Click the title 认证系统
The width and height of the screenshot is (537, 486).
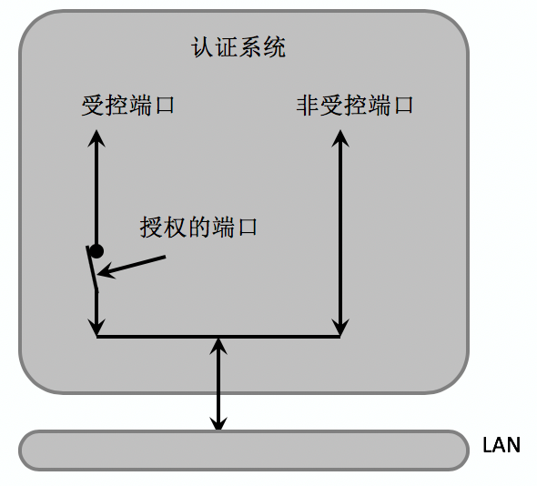click(238, 47)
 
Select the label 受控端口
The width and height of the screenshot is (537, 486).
click(128, 105)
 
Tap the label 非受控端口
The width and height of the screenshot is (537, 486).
click(355, 105)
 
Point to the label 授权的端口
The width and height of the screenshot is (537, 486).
click(198, 227)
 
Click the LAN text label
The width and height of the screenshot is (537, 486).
click(502, 445)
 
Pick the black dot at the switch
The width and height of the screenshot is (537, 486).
click(96, 251)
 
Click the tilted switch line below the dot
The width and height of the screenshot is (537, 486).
click(92, 268)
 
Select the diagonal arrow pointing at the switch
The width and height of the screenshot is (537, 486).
click(131, 266)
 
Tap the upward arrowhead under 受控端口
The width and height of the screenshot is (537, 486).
click(96, 138)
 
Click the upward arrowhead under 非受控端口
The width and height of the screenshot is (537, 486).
click(340, 138)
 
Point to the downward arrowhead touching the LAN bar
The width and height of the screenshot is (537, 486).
click(218, 422)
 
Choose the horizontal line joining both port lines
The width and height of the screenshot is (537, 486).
click(218, 337)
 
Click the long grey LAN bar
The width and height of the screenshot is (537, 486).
click(244, 450)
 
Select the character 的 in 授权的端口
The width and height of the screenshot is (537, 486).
click(199, 227)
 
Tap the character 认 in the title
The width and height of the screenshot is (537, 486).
click(202, 47)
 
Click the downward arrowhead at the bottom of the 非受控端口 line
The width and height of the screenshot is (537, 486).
click(340, 327)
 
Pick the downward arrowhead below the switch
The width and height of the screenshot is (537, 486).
click(96, 327)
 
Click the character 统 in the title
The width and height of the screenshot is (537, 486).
click(275, 47)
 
